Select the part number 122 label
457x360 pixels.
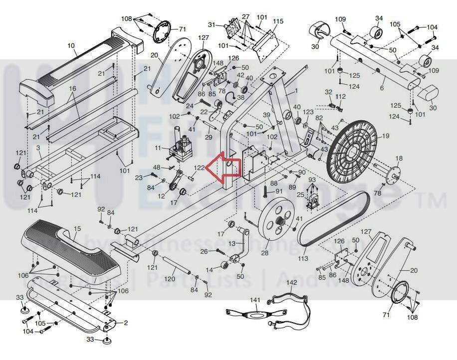(199, 168)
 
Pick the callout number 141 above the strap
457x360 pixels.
(255, 300)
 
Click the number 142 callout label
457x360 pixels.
(292, 283)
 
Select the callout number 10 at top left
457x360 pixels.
(71, 45)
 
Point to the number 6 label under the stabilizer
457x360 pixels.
(382, 88)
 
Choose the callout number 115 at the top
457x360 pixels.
(278, 21)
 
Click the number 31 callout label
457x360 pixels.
(212, 24)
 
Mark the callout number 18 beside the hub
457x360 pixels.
(399, 158)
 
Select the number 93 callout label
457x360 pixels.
(312, 180)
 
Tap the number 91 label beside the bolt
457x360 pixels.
(278, 191)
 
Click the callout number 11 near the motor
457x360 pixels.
(158, 148)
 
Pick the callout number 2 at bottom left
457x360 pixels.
(126, 323)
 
